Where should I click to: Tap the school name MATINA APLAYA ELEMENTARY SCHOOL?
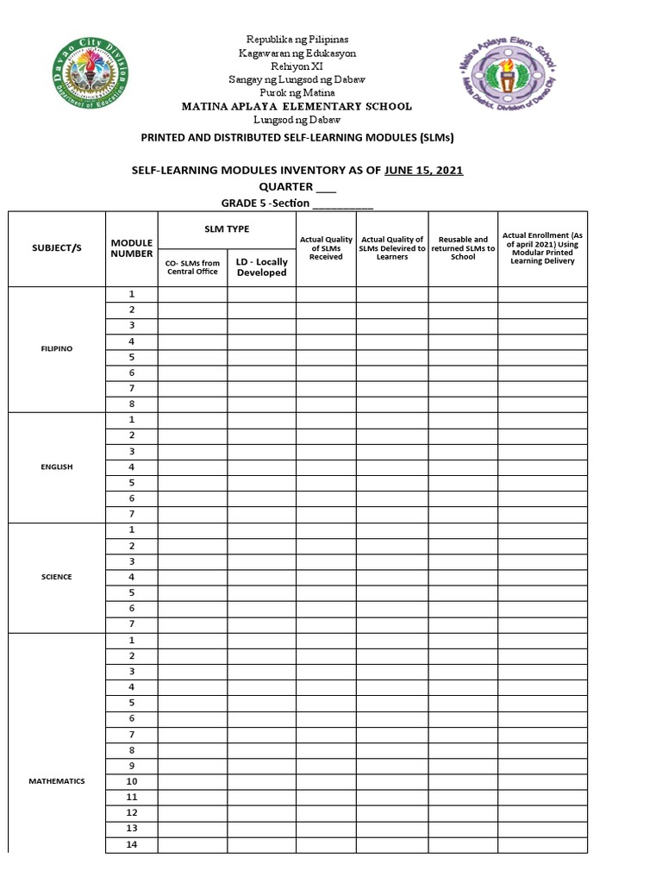point(296,106)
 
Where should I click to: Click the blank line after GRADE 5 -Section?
point(342,204)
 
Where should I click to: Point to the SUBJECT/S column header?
point(57,247)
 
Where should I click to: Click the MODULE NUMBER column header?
point(131,248)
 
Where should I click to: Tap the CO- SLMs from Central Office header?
point(192,267)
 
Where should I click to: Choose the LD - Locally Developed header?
point(261,267)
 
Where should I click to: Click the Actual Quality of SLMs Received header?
point(326,247)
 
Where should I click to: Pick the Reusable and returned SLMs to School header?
point(463,247)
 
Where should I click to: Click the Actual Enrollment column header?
point(542,247)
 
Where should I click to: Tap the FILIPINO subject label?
point(57,348)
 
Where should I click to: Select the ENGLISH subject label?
point(57,467)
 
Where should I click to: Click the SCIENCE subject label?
point(57,576)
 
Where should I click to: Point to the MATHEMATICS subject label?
point(57,781)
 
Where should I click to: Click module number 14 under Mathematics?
point(132,844)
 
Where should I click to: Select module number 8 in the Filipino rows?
point(132,404)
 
